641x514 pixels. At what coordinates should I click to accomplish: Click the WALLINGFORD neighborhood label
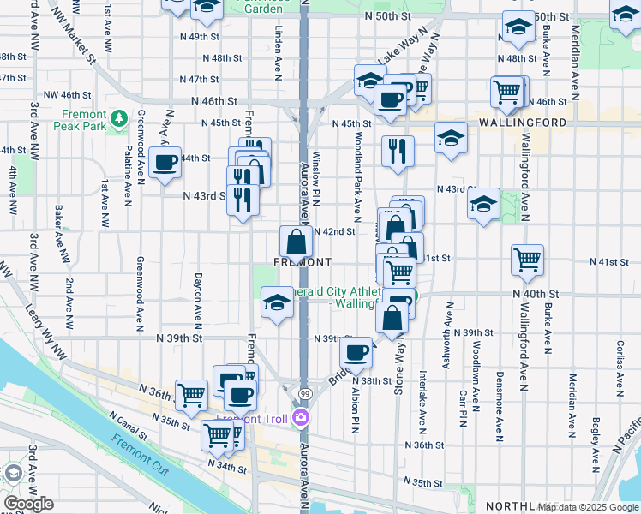click(523, 123)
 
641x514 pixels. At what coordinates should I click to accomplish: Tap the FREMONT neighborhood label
click(302, 262)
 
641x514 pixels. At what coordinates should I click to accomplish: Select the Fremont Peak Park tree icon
click(120, 117)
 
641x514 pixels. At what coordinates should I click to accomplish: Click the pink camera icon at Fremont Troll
click(301, 419)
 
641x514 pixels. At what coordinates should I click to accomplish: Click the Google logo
click(28, 504)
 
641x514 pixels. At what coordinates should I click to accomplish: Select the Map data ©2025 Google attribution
click(587, 507)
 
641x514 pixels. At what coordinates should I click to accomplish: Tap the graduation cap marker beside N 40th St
click(277, 302)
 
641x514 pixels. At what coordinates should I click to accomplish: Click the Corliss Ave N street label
click(619, 359)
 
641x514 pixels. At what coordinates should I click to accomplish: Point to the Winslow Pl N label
click(316, 180)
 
